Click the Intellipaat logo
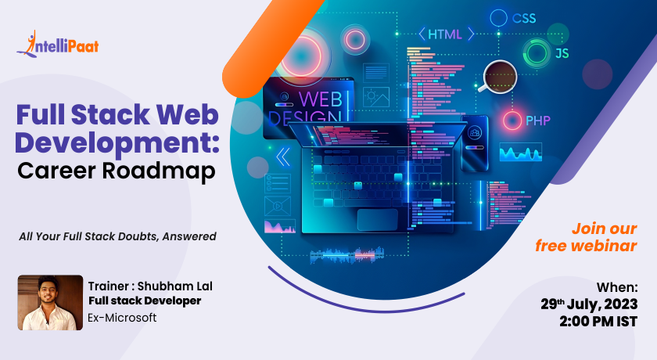tap(58, 44)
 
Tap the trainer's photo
tap(50, 303)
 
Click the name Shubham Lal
tap(175, 286)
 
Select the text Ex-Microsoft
tap(122, 318)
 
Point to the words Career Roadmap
tap(117, 171)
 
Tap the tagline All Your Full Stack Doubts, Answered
tap(118, 237)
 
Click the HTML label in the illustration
tap(444, 34)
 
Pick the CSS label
tap(524, 19)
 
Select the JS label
tap(562, 53)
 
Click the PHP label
tap(538, 121)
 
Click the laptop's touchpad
tap(378, 220)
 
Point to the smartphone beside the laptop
tap(475, 143)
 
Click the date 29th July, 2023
tap(589, 304)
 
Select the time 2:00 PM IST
tap(598, 322)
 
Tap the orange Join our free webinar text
tap(586, 237)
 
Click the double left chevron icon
tap(283, 157)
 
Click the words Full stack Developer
tap(145, 301)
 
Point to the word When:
tap(617, 287)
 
